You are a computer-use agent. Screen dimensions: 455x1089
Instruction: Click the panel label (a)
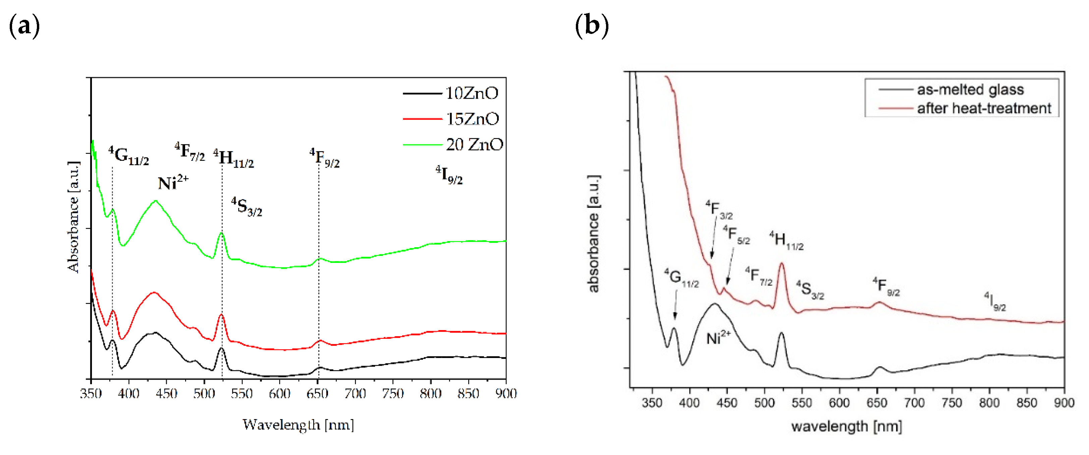coord(24,26)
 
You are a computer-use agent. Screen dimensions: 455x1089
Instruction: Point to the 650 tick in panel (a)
coord(317,394)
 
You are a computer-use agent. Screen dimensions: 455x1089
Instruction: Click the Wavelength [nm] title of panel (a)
coord(298,424)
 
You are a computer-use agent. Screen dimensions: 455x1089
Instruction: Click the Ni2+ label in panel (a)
coord(172,183)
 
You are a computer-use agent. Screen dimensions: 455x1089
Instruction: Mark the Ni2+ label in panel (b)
coord(718,338)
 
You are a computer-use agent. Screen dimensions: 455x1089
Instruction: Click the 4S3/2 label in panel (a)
coord(247,207)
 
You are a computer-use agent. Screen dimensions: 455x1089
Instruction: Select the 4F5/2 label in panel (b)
coord(736,235)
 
